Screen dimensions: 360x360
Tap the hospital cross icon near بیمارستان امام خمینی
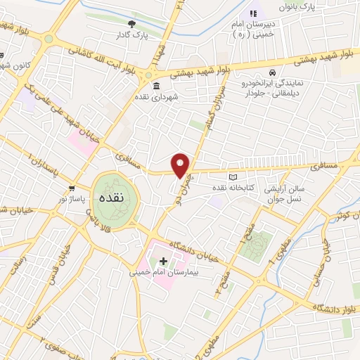[164, 261]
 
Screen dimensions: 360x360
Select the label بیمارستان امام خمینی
[163, 272]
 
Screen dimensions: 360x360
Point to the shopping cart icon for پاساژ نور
[73, 188]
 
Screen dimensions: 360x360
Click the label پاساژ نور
[73, 200]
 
